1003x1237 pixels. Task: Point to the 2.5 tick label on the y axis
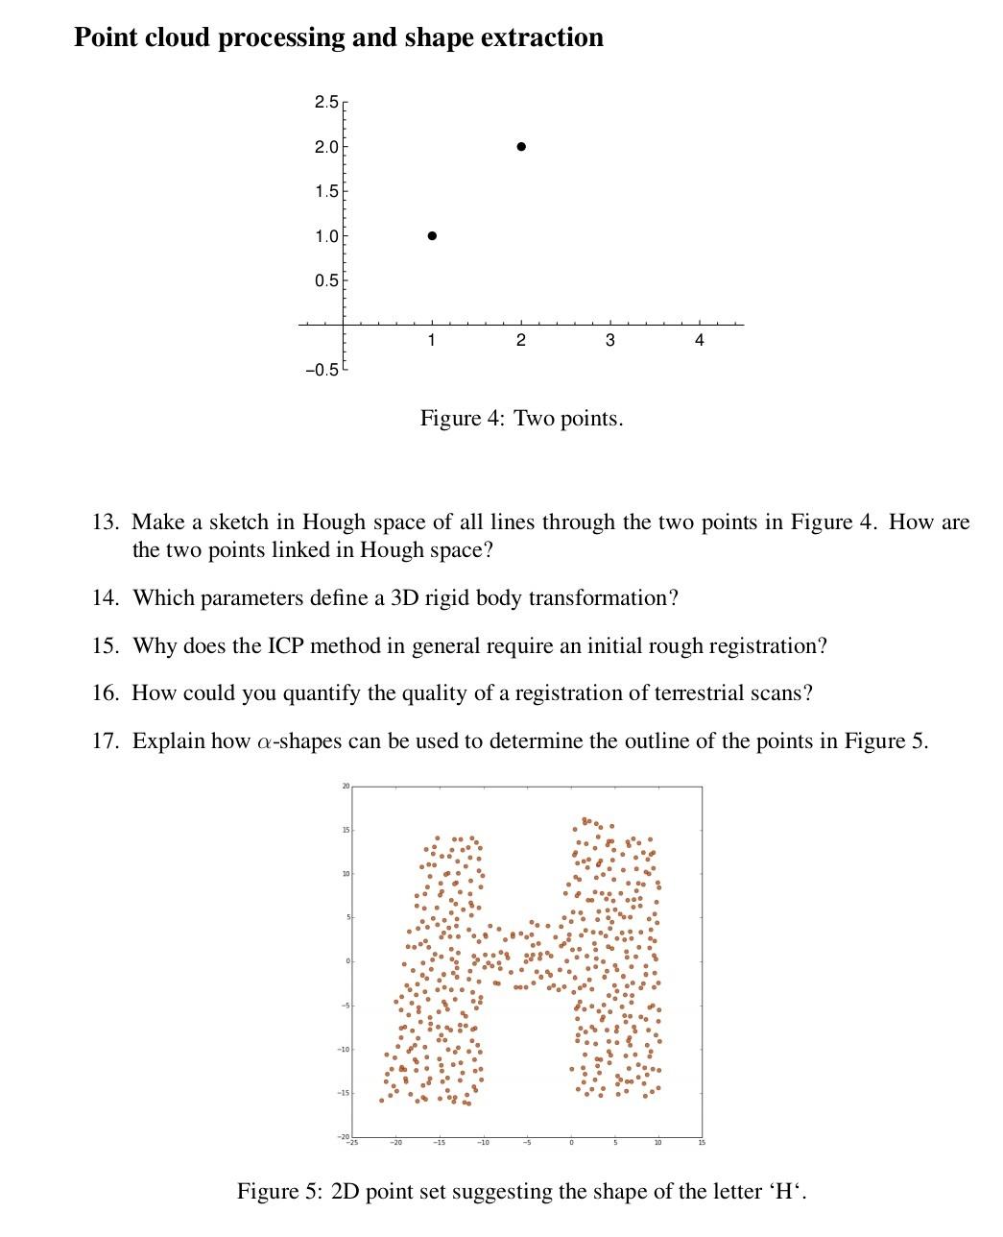pos(325,102)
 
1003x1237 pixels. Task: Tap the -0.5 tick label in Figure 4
pos(322,370)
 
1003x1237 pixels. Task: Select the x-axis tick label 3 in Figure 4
pos(609,341)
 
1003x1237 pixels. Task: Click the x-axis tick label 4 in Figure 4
pos(699,341)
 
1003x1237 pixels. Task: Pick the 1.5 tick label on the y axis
pos(325,191)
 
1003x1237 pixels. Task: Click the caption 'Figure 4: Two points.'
pos(521,419)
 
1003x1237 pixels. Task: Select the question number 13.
pos(105,522)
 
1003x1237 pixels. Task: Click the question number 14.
pos(105,598)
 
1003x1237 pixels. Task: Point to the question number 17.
pos(105,741)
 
